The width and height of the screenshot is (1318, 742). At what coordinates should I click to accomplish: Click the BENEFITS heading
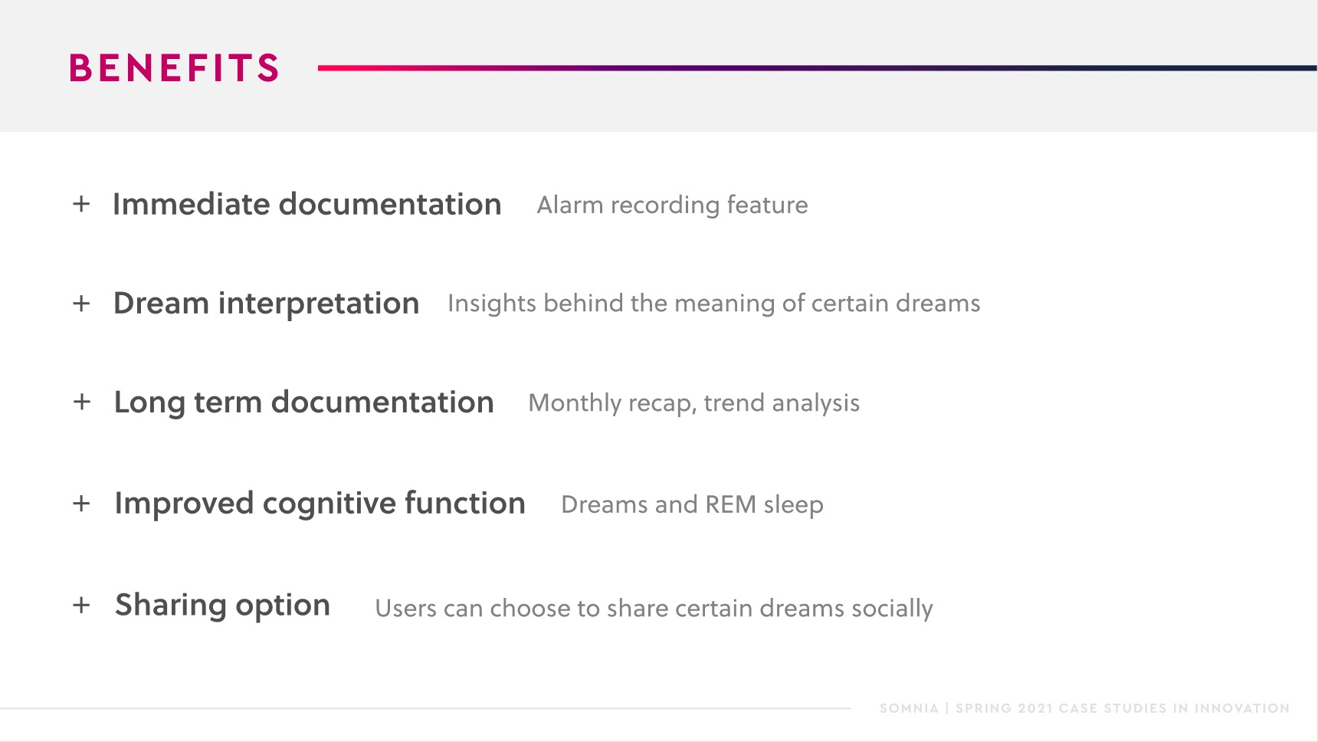point(174,67)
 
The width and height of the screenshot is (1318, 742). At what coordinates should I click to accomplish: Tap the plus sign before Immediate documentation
point(81,204)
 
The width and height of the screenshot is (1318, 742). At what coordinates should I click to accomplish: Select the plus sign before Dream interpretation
point(81,304)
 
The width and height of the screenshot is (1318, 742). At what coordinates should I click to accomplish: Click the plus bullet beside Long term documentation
point(81,402)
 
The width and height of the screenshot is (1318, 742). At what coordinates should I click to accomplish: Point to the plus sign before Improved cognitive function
point(81,504)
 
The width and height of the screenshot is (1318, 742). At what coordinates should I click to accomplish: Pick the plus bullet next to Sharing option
point(81,605)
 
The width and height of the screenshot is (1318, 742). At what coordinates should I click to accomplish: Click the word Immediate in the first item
point(192,204)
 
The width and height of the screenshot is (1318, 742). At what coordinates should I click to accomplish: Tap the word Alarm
point(570,205)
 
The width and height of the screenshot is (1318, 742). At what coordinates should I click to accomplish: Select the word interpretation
point(319,304)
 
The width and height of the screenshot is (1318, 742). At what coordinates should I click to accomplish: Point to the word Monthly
point(575,403)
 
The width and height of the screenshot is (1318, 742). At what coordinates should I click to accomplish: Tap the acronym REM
point(730,504)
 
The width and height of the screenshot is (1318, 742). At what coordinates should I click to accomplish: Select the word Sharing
point(171,606)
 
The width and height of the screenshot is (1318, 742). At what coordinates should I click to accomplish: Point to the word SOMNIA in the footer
point(909,708)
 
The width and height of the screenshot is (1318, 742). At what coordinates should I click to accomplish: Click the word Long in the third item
point(149,403)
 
